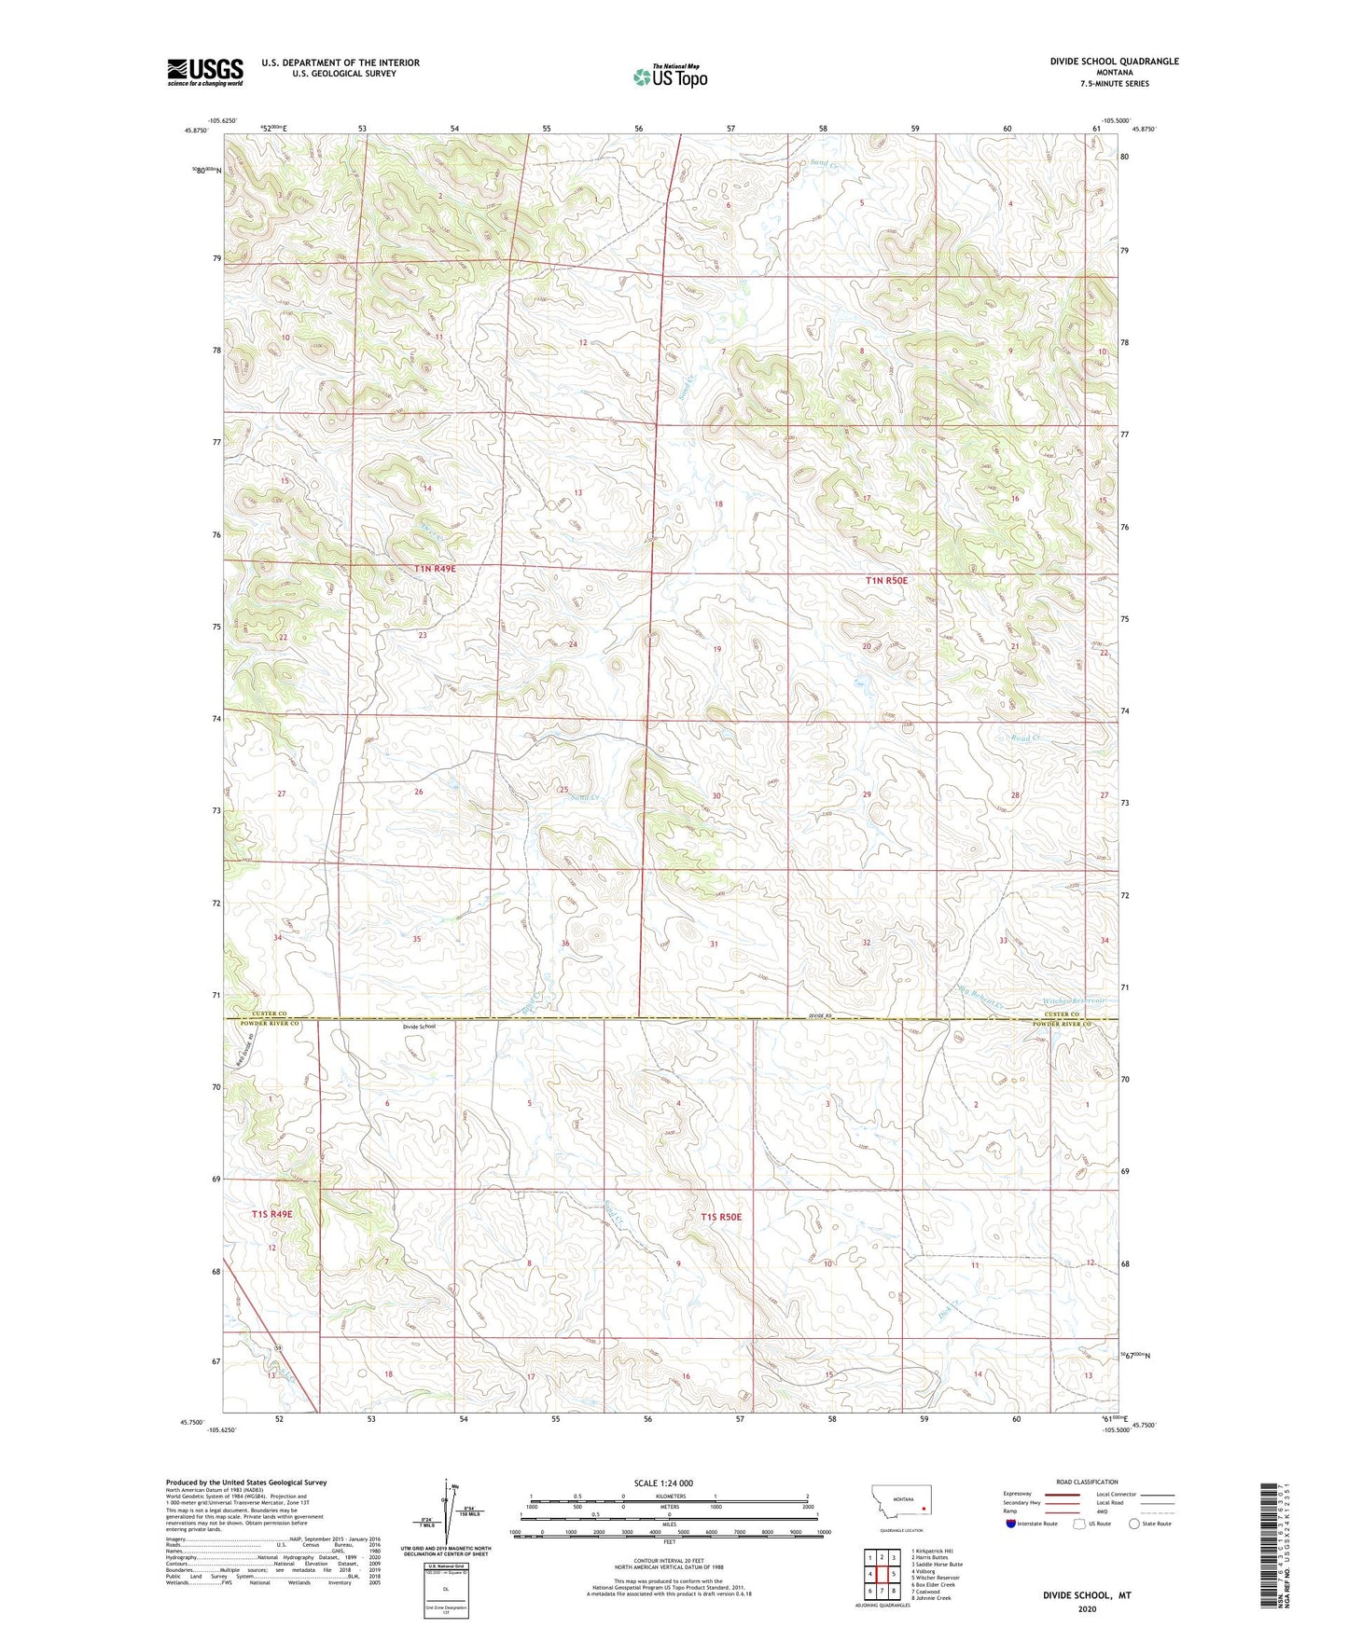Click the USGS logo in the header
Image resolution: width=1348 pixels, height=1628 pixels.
pos(205,71)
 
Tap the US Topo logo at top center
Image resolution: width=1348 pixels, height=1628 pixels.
pos(669,76)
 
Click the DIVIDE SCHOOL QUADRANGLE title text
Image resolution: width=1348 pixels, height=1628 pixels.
pos(1101,62)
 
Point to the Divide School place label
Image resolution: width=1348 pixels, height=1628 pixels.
pos(419,1027)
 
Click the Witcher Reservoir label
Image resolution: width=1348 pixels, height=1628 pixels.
pos(1073,1001)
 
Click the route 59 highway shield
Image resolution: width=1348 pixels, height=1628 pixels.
pos(277,1348)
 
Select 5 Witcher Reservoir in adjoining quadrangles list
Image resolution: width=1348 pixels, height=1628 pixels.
pos(935,1578)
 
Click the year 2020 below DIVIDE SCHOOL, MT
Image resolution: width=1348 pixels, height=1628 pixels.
pos(1087,1609)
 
